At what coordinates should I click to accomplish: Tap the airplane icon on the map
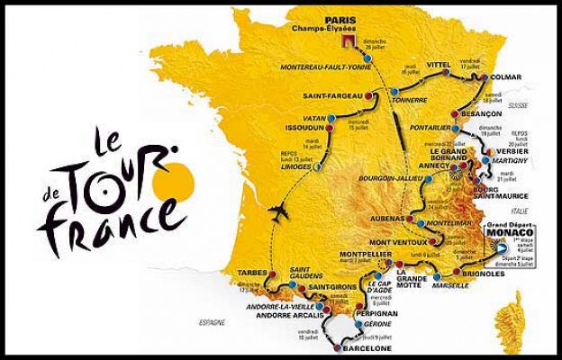click(x=279, y=212)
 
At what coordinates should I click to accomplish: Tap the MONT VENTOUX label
click(x=393, y=243)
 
